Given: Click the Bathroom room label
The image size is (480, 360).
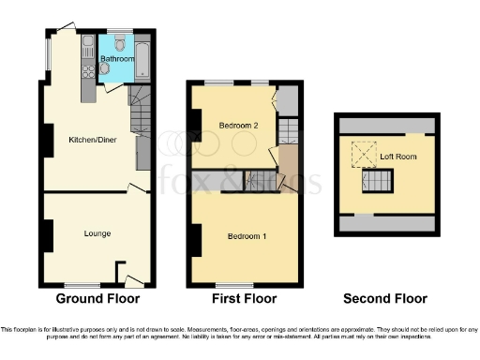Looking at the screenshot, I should pyautogui.click(x=117, y=58).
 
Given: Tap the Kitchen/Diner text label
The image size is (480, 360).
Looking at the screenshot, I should pyautogui.click(x=92, y=141).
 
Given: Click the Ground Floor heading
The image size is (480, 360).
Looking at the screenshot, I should pyautogui.click(x=97, y=299).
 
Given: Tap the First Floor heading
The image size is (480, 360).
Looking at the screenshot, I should pyautogui.click(x=245, y=299).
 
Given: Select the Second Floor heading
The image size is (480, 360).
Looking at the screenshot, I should pyautogui.click(x=384, y=299).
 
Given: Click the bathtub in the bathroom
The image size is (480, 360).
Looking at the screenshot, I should pyautogui.click(x=142, y=58).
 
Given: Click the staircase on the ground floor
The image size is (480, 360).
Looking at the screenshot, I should pyautogui.click(x=139, y=112).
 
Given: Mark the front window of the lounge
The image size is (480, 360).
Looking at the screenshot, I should pyautogui.click(x=84, y=284).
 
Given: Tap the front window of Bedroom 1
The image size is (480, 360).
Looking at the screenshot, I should pyautogui.click(x=228, y=284).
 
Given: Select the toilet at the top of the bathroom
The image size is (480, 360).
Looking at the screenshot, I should pyautogui.click(x=119, y=41).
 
